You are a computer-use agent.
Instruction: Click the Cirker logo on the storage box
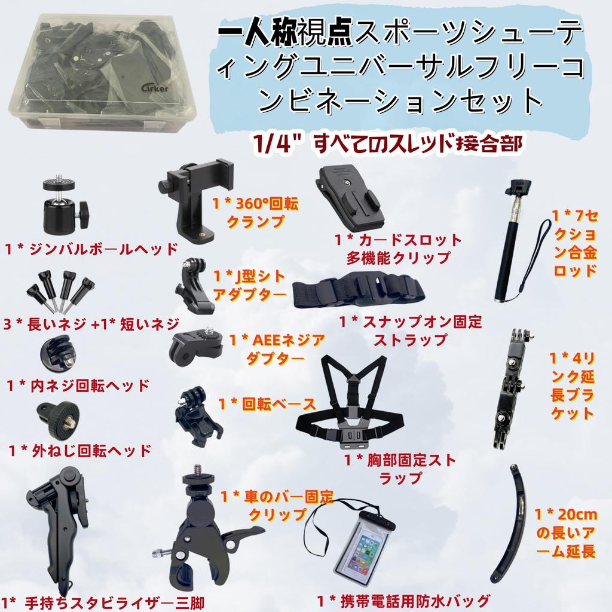pos(155,87)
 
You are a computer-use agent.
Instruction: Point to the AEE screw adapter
pos(196,345)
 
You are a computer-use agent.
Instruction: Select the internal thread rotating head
pos(58,355)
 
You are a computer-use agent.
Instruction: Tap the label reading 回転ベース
pos(279,405)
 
